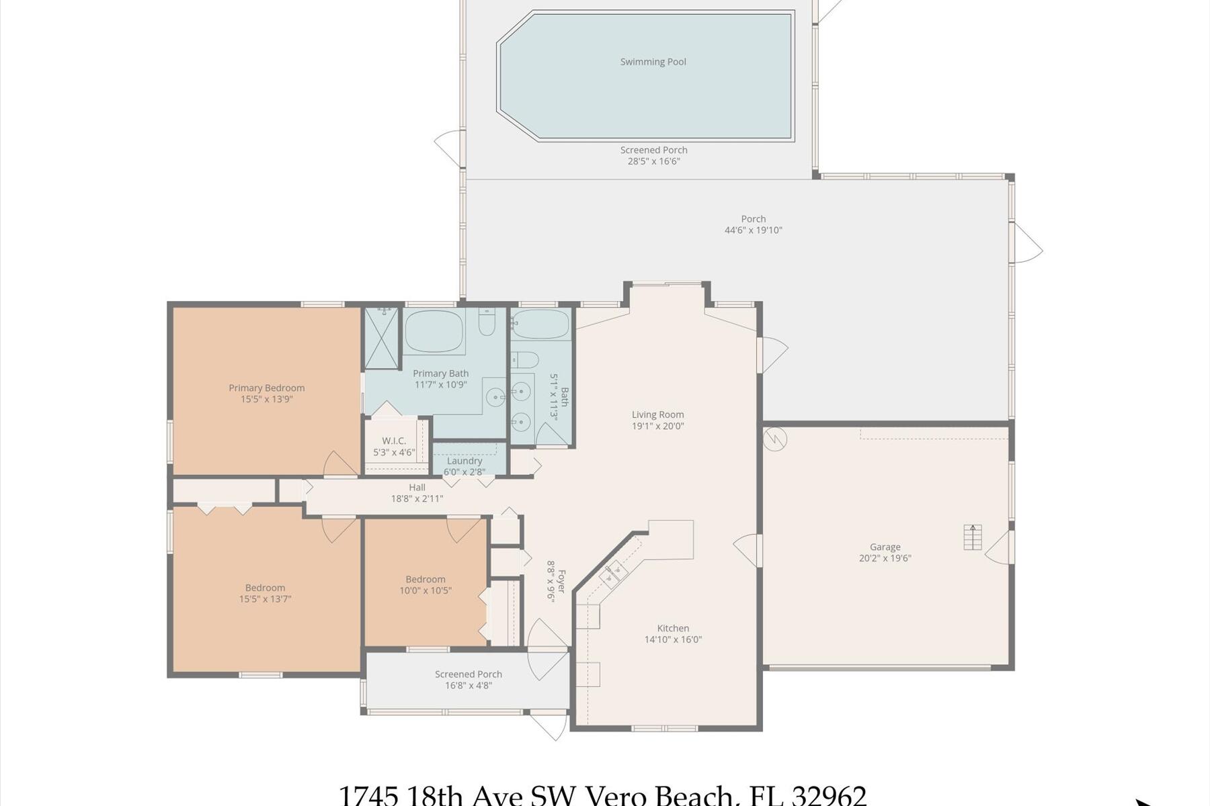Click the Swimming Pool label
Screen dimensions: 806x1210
click(x=653, y=62)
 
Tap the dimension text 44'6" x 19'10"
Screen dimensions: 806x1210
click(x=753, y=230)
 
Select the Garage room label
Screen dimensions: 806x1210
click(x=885, y=547)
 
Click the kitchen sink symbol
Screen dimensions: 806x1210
click(x=613, y=573)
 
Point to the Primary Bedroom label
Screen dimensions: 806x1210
click(x=266, y=388)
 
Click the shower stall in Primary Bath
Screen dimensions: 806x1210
click(x=381, y=339)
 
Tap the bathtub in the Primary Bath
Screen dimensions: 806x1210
click(x=434, y=330)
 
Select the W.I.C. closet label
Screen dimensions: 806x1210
click(x=393, y=441)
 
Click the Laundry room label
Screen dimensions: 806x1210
click(x=464, y=461)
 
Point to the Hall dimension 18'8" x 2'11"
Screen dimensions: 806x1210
click(x=417, y=499)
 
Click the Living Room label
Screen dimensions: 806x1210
click(x=657, y=414)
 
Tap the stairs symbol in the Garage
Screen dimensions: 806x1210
click(x=973, y=537)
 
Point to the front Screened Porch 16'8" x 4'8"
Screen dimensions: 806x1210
click(x=468, y=680)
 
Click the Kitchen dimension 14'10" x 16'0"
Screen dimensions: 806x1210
click(x=673, y=639)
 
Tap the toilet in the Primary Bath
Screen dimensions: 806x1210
click(x=487, y=324)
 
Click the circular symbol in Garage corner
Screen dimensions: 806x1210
click(x=775, y=439)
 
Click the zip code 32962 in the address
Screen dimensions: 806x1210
click(x=830, y=797)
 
